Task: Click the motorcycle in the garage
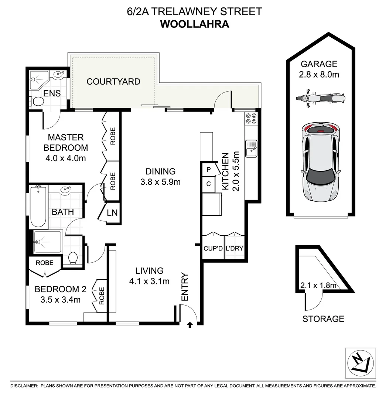(320, 98)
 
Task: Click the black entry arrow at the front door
(190, 325)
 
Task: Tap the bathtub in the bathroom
(38, 207)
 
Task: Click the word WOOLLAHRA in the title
(194, 24)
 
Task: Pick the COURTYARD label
(113, 82)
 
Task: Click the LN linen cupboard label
(112, 213)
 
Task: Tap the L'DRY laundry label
(234, 248)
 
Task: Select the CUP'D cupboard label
(213, 248)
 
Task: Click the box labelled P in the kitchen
(209, 170)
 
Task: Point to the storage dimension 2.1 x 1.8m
(318, 285)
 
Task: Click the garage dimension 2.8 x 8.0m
(319, 75)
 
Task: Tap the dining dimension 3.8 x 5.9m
(160, 182)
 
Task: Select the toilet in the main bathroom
(73, 257)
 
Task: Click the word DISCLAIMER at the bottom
(24, 386)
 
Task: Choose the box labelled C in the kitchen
(209, 184)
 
